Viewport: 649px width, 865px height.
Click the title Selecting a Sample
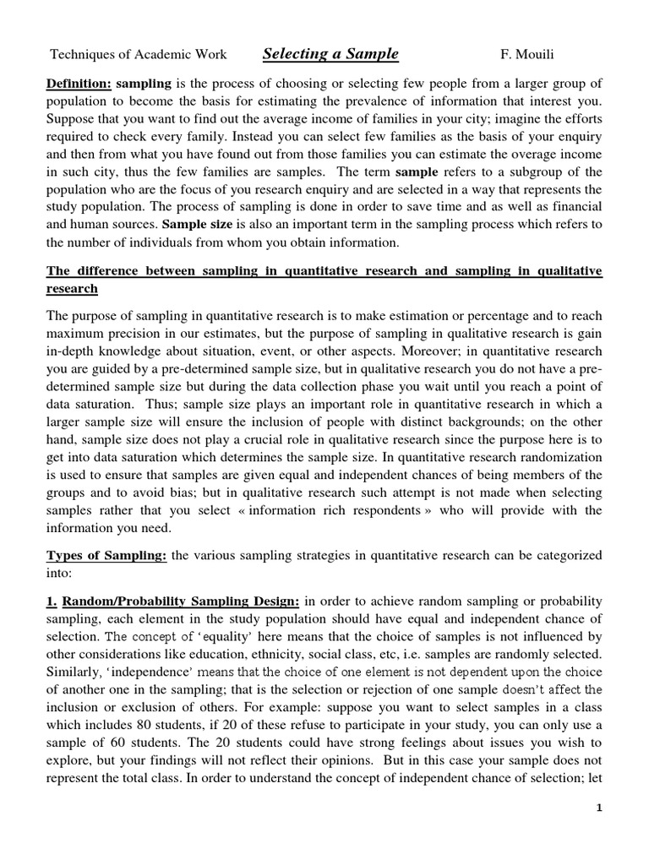(330, 55)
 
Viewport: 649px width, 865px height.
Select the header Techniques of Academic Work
(139, 56)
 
